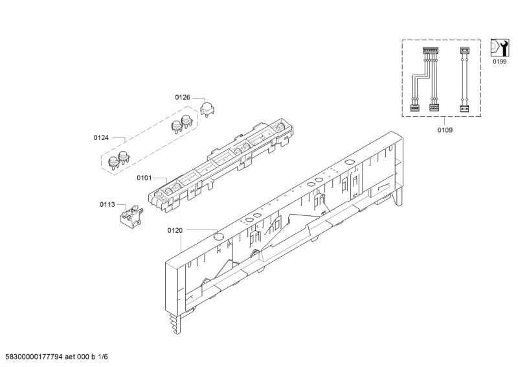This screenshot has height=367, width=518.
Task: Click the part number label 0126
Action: pyautogui.click(x=183, y=97)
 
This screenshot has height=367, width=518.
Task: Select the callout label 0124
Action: pyautogui.click(x=101, y=137)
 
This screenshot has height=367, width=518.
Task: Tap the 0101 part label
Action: pyautogui.click(x=144, y=178)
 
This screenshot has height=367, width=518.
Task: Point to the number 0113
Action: pyautogui.click(x=107, y=204)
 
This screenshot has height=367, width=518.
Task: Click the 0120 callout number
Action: pyautogui.click(x=175, y=230)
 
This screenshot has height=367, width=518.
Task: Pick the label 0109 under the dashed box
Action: pyautogui.click(x=445, y=130)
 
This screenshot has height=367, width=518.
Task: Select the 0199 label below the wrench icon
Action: pyautogui.click(x=499, y=62)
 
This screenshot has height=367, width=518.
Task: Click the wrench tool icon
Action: pyautogui.click(x=499, y=47)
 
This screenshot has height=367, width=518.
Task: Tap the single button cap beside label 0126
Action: pyautogui.click(x=207, y=109)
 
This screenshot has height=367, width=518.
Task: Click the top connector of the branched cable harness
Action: pyautogui.click(x=430, y=51)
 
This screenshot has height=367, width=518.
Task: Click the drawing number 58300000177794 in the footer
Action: pyautogui.click(x=34, y=357)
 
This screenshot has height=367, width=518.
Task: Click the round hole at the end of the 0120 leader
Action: pyautogui.click(x=218, y=235)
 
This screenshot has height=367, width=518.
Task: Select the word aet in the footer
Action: pyautogui.click(x=70, y=357)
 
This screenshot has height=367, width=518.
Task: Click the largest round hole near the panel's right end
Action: pyautogui.click(x=349, y=162)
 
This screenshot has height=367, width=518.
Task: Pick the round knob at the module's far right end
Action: pyautogui.click(x=280, y=126)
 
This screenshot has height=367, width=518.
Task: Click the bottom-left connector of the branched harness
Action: pyautogui.click(x=414, y=108)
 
